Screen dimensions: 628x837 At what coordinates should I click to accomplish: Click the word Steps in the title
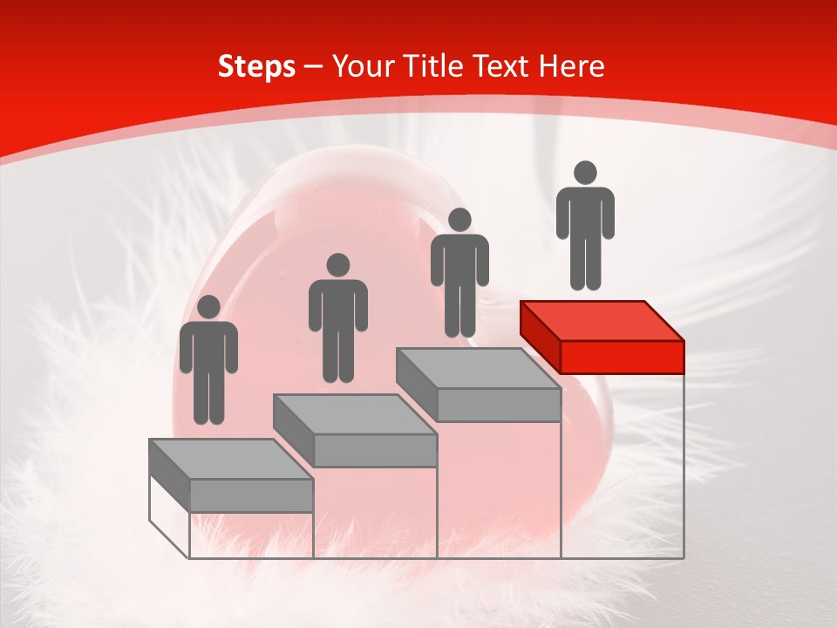coord(256,67)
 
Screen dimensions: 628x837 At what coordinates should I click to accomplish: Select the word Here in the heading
coord(572,67)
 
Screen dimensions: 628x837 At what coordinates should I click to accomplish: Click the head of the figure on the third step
coord(459,220)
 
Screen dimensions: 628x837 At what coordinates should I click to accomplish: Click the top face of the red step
coord(602,320)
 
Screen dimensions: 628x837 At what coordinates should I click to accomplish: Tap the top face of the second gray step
coord(354,413)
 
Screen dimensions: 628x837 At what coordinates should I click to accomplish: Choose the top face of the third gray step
coord(478,368)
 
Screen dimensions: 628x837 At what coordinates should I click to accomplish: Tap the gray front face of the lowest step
coord(251,495)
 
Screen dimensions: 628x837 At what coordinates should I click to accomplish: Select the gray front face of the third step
coord(498,405)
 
